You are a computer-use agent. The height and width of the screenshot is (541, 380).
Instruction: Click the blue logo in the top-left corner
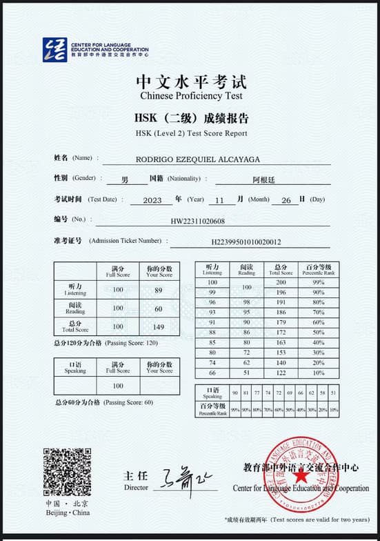point(54,50)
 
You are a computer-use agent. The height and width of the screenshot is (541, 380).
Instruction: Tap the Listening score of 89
point(159,291)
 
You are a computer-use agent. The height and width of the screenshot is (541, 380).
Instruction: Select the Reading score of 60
point(159,308)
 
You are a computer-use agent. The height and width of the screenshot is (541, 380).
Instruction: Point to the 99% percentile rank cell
point(318,282)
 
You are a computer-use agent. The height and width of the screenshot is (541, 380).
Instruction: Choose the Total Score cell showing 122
point(281,373)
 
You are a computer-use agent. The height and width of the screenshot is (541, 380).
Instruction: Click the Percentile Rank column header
point(317,269)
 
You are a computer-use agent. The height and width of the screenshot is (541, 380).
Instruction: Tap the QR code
point(67,472)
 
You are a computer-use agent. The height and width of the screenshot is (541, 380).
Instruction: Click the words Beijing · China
point(68,513)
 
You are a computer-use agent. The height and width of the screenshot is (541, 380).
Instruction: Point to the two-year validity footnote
point(297,520)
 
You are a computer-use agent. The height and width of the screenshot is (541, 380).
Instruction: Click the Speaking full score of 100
point(118,386)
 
